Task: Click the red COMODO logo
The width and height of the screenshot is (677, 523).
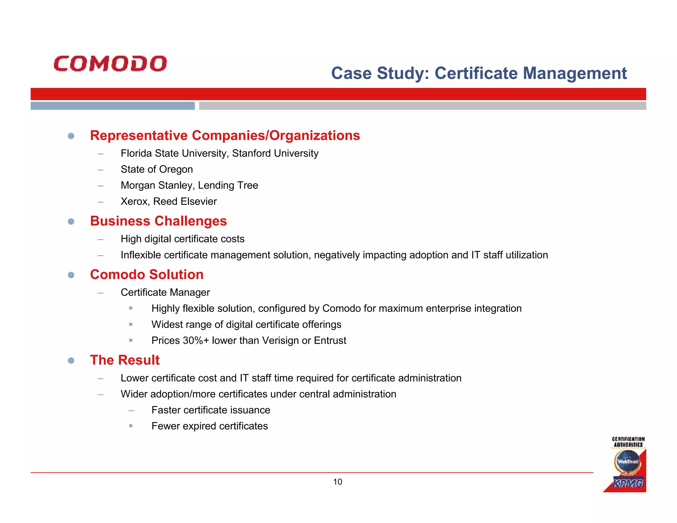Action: click(x=110, y=63)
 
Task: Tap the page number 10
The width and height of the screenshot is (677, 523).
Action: click(x=338, y=482)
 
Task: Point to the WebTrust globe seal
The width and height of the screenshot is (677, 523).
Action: click(x=627, y=462)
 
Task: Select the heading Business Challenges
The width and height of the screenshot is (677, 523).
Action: click(x=158, y=221)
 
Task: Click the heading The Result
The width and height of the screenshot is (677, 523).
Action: click(x=125, y=360)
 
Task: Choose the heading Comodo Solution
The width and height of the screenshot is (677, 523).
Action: click(x=146, y=274)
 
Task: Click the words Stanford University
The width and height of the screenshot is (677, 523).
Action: click(x=275, y=153)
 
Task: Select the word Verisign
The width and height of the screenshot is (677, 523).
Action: click(x=280, y=341)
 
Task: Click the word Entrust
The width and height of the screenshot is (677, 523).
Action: click(x=330, y=341)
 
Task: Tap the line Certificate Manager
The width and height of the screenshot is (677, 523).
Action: click(x=165, y=292)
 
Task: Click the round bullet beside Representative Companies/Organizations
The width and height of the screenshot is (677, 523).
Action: click(x=71, y=136)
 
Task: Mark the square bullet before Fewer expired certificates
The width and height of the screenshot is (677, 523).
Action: click(x=131, y=426)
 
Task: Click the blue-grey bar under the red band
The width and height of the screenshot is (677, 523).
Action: click(x=112, y=106)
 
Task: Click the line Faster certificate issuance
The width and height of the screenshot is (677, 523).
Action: click(x=211, y=410)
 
